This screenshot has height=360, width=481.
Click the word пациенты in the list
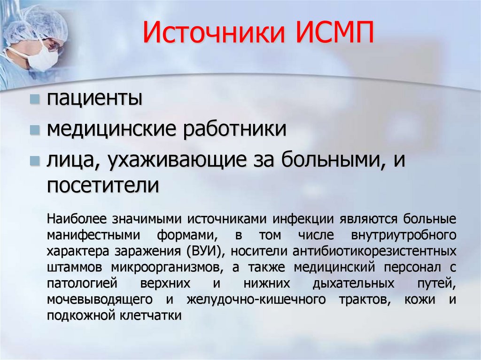(x=94, y=100)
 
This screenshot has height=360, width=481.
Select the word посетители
(x=103, y=186)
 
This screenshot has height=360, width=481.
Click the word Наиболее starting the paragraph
(x=76, y=219)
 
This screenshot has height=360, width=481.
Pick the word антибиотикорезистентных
(x=374, y=251)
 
